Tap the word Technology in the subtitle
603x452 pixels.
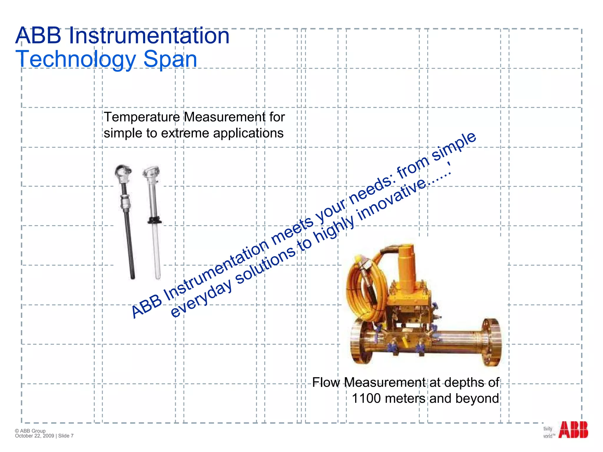[x=75, y=59]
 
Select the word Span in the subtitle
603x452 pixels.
[x=170, y=59]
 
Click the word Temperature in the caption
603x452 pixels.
[x=142, y=117]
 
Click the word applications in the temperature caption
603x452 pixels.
[x=248, y=133]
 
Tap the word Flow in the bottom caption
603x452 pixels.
[x=326, y=383]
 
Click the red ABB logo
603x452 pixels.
[x=573, y=430]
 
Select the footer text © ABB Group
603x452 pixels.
[x=30, y=431]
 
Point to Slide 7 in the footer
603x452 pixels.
[x=66, y=436]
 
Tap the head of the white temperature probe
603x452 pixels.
[x=151, y=172]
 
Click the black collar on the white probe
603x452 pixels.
[x=154, y=220]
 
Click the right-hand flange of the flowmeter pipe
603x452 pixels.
[x=491, y=342]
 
